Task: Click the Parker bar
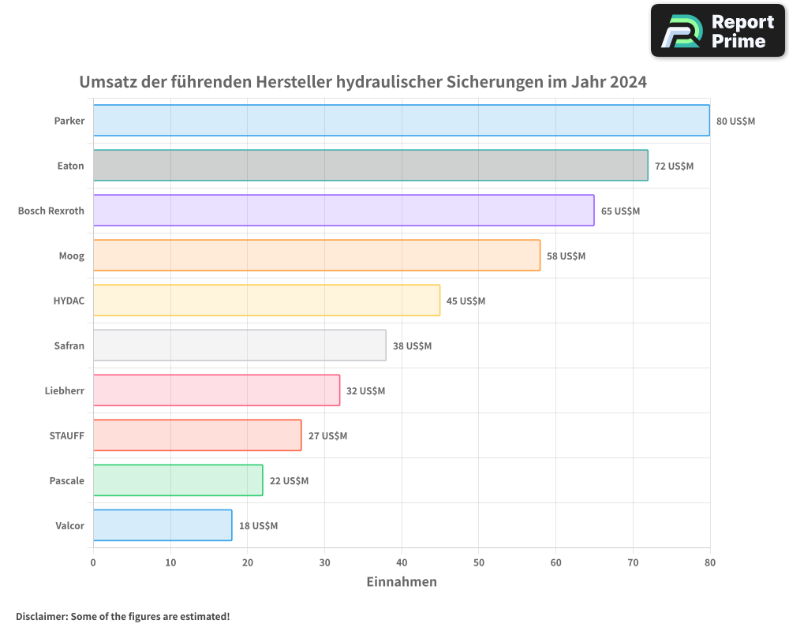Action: [x=401, y=121]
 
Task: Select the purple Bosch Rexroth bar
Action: [x=343, y=211]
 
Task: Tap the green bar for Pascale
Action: [x=178, y=480]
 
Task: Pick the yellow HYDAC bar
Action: [x=266, y=301]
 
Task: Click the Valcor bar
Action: [x=163, y=525]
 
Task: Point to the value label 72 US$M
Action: [x=674, y=166]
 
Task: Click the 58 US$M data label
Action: [x=566, y=256]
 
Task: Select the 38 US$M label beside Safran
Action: [x=412, y=346]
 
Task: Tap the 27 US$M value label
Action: [x=327, y=436]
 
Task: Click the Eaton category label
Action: [x=70, y=166]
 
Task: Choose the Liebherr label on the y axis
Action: [x=64, y=391]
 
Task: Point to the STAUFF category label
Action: [x=66, y=436]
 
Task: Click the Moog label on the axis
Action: [x=71, y=256]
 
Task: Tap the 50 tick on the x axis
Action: [x=479, y=563]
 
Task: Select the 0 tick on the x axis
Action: [x=93, y=563]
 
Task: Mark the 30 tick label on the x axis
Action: [x=324, y=563]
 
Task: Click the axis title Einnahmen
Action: [x=401, y=582]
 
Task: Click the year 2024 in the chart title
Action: [x=628, y=82]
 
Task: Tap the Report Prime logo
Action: [x=717, y=31]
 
